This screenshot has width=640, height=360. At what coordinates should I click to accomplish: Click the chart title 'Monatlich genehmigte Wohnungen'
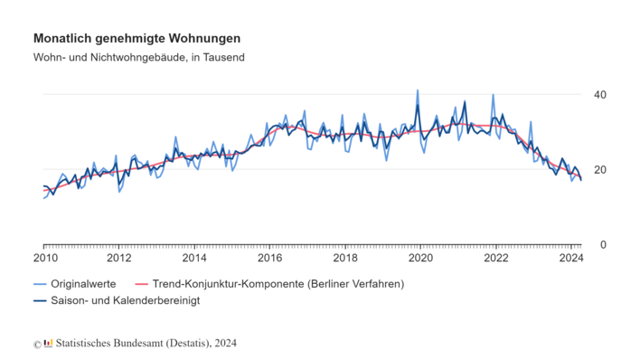[136, 39]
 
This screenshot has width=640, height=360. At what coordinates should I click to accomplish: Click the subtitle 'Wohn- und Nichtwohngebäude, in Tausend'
[139, 57]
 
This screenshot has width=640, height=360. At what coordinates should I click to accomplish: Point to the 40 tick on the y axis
[599, 95]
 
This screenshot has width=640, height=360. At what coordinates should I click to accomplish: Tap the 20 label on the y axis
[599, 170]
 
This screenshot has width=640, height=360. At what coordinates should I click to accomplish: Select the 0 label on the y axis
[603, 245]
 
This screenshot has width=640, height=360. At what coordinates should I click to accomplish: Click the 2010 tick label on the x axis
[45, 259]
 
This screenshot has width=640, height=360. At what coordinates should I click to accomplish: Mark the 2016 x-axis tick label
[269, 259]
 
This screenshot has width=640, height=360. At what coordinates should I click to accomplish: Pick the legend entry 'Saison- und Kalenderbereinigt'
[125, 299]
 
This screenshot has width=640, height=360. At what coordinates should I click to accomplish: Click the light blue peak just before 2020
[417, 91]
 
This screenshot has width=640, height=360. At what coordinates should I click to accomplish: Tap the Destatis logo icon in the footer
[49, 343]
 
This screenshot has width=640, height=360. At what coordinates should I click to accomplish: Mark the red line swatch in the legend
[140, 283]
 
